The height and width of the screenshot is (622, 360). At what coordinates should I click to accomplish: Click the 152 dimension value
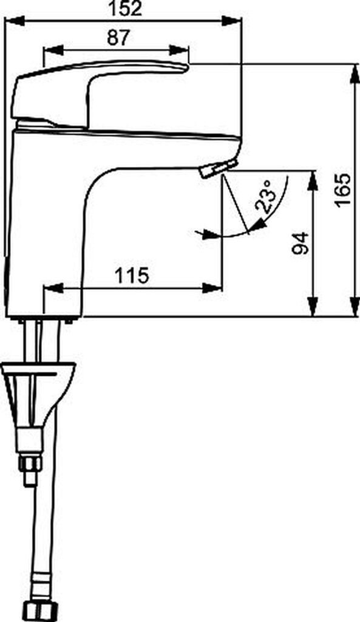tap(125, 9)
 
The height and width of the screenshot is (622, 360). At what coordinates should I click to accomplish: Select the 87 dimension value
tap(118, 38)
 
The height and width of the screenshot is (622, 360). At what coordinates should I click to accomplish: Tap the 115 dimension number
tap(132, 276)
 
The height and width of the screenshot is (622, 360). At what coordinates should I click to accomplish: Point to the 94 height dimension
tap(300, 243)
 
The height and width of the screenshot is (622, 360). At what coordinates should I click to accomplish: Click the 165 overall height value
tap(342, 190)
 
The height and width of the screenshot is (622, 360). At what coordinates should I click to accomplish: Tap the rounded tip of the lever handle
tap(186, 67)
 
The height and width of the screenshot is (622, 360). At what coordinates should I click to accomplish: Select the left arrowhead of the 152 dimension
tap(15, 21)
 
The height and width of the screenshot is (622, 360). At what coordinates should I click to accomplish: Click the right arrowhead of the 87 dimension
tap(179, 50)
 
